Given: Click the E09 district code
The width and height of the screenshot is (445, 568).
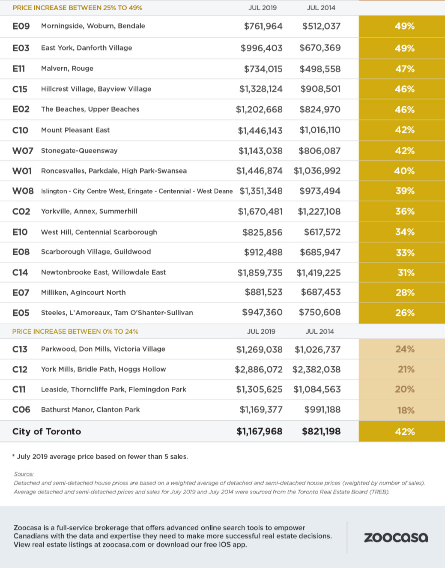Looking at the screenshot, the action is coord(21,26).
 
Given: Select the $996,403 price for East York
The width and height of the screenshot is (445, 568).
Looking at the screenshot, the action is coord(262,48).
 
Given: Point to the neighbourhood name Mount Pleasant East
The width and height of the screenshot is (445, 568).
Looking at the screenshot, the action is coord(75,130).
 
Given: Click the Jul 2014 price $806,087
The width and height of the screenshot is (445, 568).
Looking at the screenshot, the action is coord(320,151).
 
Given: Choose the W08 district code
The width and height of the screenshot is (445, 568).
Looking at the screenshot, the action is coord(23,191).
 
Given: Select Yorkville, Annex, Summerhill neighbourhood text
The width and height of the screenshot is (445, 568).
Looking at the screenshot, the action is coord(89,211).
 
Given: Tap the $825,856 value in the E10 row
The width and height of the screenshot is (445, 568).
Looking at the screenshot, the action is coord(263,232).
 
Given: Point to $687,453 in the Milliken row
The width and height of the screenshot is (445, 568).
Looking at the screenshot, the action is coord(321,292).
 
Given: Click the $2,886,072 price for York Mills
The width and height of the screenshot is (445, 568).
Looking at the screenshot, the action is coord(259,369).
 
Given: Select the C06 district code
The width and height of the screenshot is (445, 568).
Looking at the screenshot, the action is coord(21,410).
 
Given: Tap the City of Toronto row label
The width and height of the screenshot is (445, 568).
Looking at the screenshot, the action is coord(47,431).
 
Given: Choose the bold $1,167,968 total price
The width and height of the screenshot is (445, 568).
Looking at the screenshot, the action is coord(260,431).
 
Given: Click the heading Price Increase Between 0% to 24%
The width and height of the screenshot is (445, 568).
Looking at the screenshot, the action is coord(75,332).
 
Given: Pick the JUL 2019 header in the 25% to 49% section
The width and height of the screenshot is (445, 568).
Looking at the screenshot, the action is coord(263,8).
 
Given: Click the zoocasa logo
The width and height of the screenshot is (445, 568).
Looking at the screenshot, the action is coord(396,538).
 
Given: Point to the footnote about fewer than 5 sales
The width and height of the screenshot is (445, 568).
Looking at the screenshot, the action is coord(100,456).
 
